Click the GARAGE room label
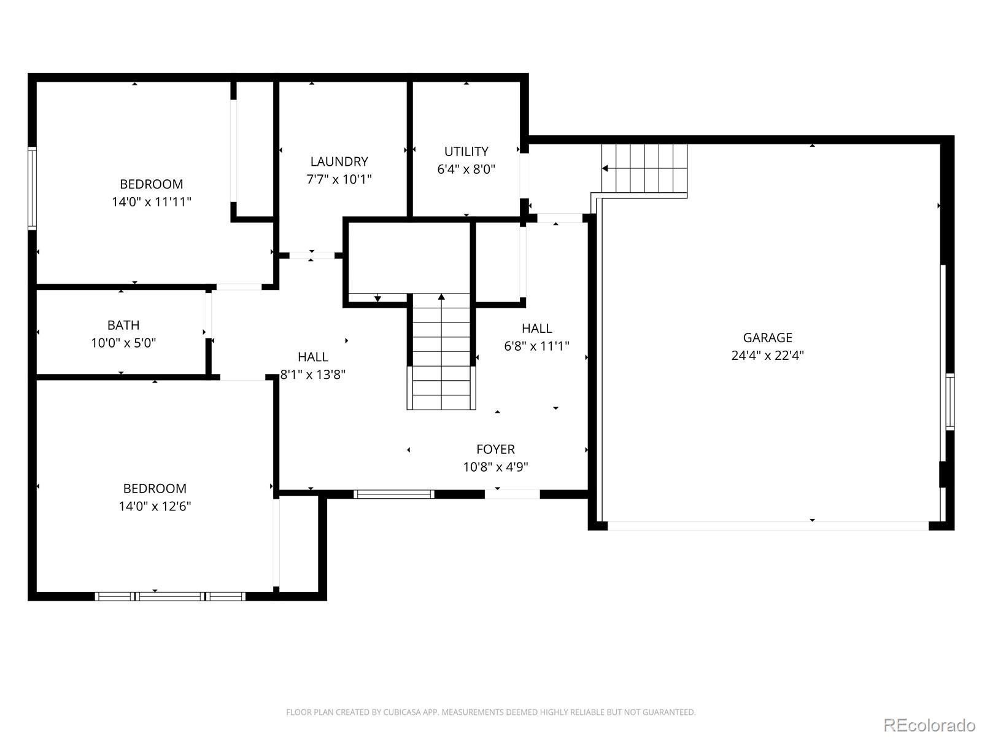tap(767, 337)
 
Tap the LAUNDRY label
tap(339, 162)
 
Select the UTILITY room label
tap(466, 152)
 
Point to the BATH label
tap(123, 326)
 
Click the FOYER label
tap(495, 450)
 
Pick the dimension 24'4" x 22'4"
tap(767, 356)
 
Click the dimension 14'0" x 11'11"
tap(151, 202)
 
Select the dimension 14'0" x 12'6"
tap(155, 506)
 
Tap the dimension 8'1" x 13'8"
tap(313, 375)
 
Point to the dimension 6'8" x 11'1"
tap(536, 346)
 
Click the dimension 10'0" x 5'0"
tap(123, 343)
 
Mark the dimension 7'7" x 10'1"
tap(339, 179)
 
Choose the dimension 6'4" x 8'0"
tap(466, 170)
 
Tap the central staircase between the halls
tap(441, 352)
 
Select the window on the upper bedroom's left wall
tap(32, 189)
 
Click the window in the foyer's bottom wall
tap(393, 494)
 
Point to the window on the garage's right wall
tap(949, 402)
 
